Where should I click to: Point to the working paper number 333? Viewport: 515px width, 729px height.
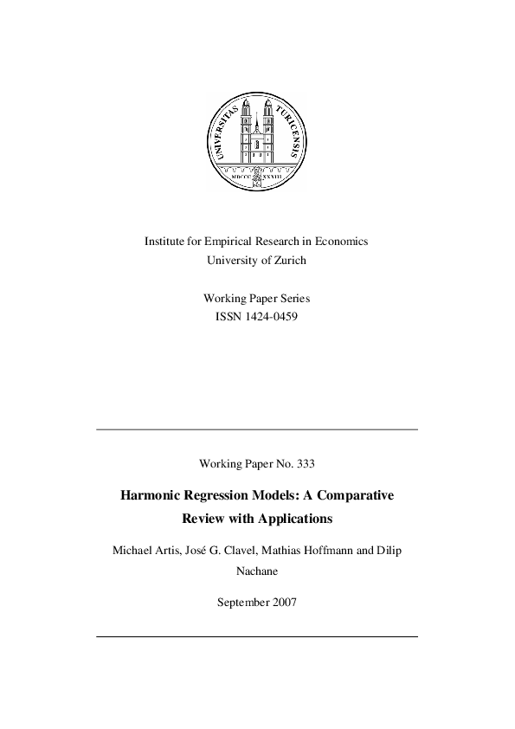(306, 463)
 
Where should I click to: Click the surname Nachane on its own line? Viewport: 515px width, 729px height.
(257, 571)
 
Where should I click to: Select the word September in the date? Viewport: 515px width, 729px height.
(241, 601)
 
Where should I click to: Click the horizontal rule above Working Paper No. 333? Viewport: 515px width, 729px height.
(257, 429)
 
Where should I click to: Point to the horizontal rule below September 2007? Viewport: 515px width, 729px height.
(257, 637)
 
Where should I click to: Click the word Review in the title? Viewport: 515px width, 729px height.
(201, 519)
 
